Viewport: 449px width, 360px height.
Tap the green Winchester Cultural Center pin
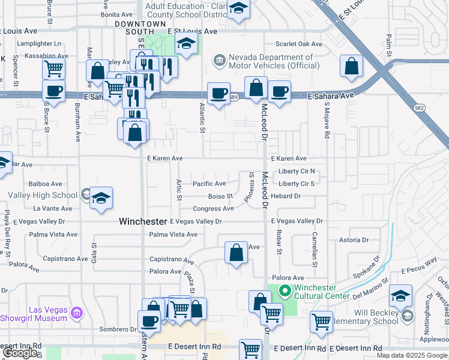[x=285, y=292]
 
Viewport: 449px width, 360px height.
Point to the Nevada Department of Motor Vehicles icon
[x=219, y=61]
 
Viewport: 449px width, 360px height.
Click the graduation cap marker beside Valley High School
[x=101, y=198]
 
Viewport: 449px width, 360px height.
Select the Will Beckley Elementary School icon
[x=408, y=316]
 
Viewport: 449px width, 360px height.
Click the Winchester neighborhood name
[x=142, y=221]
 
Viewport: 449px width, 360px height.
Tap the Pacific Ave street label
[x=209, y=184]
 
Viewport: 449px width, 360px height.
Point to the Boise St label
[x=220, y=196]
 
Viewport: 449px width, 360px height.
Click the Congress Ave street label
[x=213, y=209]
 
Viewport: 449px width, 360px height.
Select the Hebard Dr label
[x=285, y=196]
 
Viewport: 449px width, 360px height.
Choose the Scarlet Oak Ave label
[x=299, y=44]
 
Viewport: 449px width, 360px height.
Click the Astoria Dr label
[x=353, y=240]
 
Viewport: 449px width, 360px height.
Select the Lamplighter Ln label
[x=41, y=44]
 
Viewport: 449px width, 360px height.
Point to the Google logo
[x=21, y=353]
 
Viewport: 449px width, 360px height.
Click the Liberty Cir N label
[x=297, y=172]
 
